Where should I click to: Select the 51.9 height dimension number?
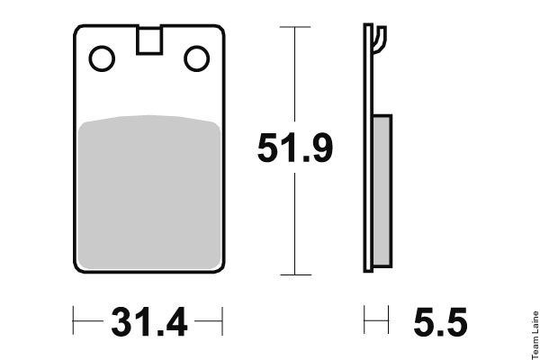pyautogui.click(x=295, y=148)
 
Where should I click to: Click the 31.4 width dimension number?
pyautogui.click(x=149, y=322)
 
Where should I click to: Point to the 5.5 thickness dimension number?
pyautogui.click(x=440, y=322)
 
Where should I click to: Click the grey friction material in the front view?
pyautogui.click(x=149, y=193)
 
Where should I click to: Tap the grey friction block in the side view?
pyautogui.click(x=382, y=191)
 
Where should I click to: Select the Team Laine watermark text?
pyautogui.click(x=535, y=335)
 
